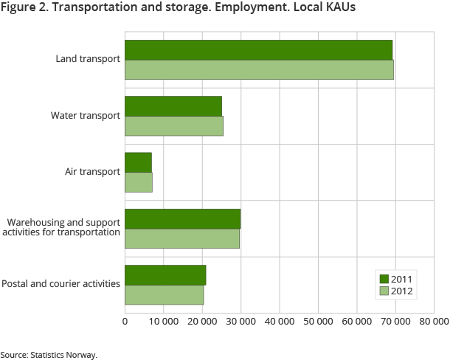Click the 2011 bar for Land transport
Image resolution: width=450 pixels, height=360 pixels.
258,50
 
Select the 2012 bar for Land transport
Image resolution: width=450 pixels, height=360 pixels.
259,69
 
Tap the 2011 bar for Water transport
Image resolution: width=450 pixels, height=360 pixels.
173,106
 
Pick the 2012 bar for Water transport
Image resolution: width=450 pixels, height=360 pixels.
174,125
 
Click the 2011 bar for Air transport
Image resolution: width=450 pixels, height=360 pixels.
138,162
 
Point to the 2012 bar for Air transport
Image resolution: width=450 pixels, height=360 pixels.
139,181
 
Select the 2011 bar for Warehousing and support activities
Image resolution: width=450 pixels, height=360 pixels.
182,218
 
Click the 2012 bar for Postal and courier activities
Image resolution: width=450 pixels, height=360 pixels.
164,294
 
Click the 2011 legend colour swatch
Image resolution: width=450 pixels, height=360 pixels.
384,278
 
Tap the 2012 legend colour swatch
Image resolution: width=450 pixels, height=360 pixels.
384,291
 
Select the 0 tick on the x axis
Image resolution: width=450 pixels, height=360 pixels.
125,322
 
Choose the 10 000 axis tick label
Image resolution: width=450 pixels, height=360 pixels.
163,322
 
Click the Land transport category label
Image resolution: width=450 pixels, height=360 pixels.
88,59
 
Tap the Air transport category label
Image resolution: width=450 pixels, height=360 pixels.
92,172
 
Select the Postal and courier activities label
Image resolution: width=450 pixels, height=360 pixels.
61,283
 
